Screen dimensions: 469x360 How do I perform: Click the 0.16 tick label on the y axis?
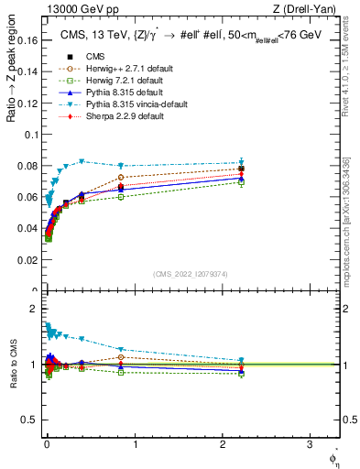tap(29, 40)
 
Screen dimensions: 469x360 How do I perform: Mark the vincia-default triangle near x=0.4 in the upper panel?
tap(82, 161)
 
